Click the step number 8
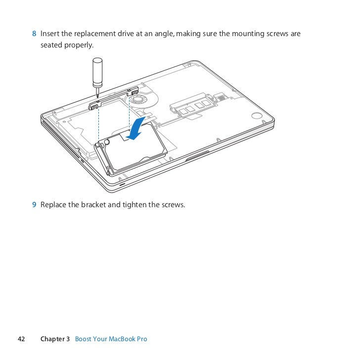click(x=34, y=34)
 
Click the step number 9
click(x=34, y=205)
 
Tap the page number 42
click(x=21, y=339)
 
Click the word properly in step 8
click(x=79, y=45)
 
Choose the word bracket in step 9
click(x=93, y=205)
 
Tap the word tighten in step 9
click(x=134, y=205)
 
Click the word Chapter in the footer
click(x=52, y=339)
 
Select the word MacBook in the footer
click(x=122, y=339)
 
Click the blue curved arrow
click(x=136, y=129)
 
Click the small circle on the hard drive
click(x=107, y=142)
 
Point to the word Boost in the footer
click(x=84, y=339)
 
